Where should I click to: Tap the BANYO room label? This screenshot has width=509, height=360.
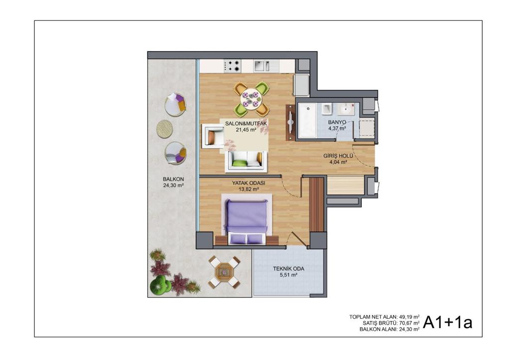337,122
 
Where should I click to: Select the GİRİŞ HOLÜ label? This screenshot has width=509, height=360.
338,156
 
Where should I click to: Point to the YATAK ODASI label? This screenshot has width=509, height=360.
249,183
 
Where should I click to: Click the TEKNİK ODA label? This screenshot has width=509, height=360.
289,269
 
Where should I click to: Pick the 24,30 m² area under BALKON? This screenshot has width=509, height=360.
173,185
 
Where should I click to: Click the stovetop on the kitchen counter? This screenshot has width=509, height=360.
233,66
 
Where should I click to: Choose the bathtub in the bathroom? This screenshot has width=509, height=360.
307,120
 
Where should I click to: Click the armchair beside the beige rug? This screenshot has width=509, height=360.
213,135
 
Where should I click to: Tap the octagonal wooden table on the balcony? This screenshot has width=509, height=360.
224,271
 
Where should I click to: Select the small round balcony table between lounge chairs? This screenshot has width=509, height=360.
165,129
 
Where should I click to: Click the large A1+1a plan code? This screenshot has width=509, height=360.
447,322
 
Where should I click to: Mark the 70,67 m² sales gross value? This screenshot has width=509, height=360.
409,323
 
